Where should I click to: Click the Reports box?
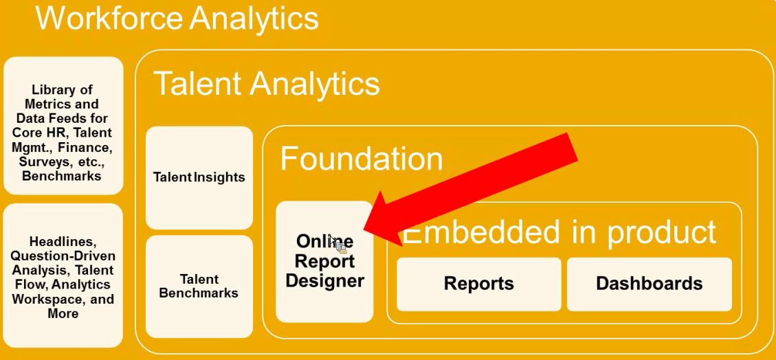pyautogui.click(x=478, y=284)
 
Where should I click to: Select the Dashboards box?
pyautogui.click(x=649, y=284)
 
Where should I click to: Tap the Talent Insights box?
pyautogui.click(x=199, y=177)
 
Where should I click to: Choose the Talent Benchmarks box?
pyautogui.click(x=199, y=286)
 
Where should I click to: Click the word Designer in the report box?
pyautogui.click(x=324, y=280)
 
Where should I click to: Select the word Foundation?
pyautogui.click(x=362, y=159)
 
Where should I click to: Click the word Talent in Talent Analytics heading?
pyautogui.click(x=196, y=84)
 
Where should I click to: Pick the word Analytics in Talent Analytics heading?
pyautogui.click(x=315, y=84)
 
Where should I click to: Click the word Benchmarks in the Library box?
pyautogui.click(x=62, y=176)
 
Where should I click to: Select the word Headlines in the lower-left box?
pyautogui.click(x=63, y=242)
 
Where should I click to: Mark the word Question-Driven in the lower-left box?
pyautogui.click(x=63, y=256)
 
